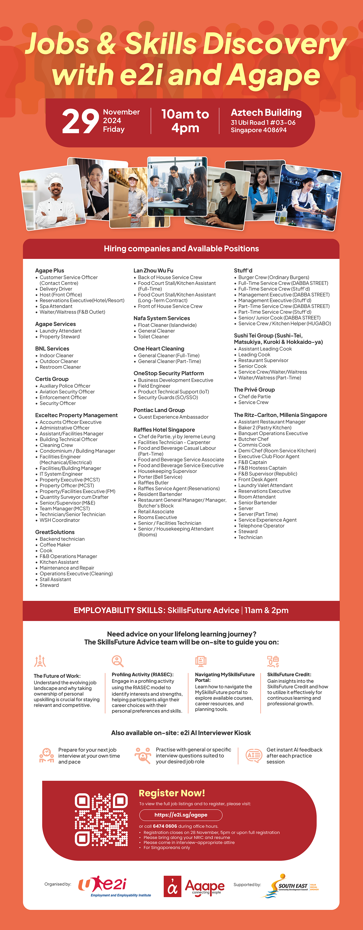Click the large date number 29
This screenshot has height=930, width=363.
[x=80, y=121]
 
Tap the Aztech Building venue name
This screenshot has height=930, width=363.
[x=266, y=113]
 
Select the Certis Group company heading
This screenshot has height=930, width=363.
[x=52, y=379]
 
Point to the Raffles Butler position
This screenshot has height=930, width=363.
[x=153, y=483]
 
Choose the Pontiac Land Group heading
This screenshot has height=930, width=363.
[x=159, y=410]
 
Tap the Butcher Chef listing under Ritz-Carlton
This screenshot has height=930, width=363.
[x=253, y=439]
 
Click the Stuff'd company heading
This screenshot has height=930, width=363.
[x=243, y=270]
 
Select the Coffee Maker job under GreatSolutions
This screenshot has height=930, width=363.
[x=55, y=545]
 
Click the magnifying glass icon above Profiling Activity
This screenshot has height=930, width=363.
[x=117, y=661]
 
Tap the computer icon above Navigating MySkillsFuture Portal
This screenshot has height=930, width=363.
[x=201, y=661]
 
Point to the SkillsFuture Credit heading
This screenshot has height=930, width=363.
[x=289, y=674]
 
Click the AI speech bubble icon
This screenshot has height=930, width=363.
[x=254, y=755]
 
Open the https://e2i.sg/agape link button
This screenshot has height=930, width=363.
[x=181, y=815]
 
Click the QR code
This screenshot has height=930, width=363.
[x=101, y=820]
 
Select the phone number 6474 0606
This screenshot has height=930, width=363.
[x=165, y=826]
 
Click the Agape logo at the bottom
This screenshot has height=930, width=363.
[x=194, y=886]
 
